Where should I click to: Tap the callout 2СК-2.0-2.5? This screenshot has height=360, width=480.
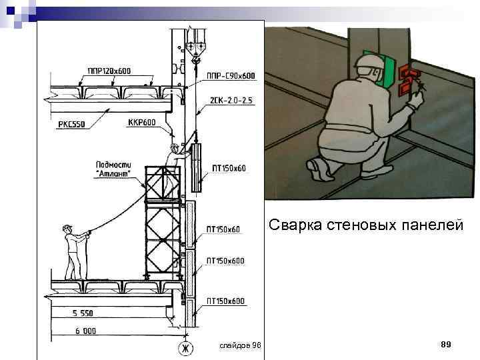click(x=231, y=101)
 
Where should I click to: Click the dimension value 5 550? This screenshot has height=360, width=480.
click(x=83, y=313)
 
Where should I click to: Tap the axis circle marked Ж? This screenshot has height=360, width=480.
click(x=184, y=348)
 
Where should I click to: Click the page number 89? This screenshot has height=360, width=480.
click(x=447, y=344)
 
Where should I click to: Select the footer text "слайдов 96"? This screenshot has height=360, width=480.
click(x=241, y=345)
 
